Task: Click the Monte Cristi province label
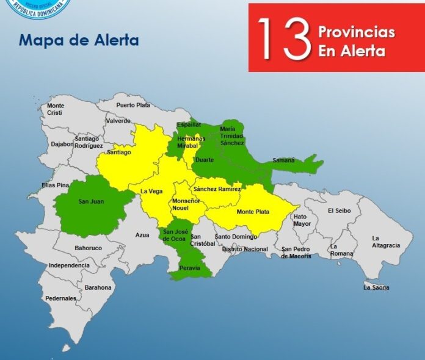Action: pos(56,110)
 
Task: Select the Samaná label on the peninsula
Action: pos(283,160)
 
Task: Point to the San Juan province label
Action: pos(90,201)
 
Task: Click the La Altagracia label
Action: pos(386,242)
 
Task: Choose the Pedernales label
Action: pos(61,298)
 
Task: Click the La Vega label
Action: pos(151,191)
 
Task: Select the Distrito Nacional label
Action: pos(245,249)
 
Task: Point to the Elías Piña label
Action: pos(56,185)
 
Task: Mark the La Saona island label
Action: pos(376,287)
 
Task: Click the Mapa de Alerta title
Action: pos(79,40)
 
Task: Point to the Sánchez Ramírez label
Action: pos(217,189)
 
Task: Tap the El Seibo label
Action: pos(340,211)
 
